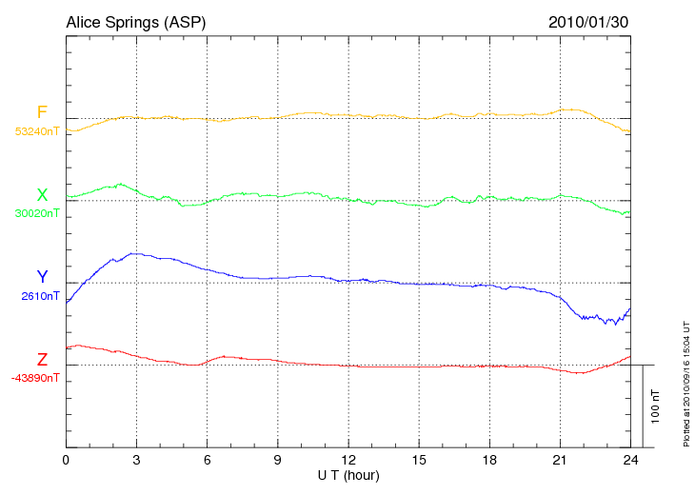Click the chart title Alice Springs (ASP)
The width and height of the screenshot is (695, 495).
(135, 21)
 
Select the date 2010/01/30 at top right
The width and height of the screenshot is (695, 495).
(588, 21)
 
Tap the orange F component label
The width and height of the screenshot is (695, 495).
(42, 113)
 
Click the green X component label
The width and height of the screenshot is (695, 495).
(42, 195)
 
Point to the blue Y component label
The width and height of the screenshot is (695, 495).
(42, 277)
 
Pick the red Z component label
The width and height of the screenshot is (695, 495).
(42, 360)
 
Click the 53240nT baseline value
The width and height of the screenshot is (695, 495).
(36, 131)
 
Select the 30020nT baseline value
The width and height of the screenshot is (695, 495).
(36, 213)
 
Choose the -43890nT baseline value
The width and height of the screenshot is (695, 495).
(35, 378)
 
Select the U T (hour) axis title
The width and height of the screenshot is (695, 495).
(347, 475)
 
